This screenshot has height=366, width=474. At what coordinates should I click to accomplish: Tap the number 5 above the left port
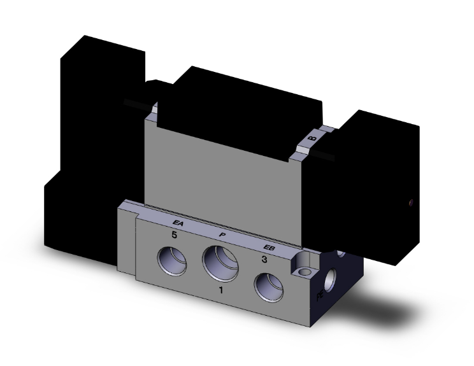173,235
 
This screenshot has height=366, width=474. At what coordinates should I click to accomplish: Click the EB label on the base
269,248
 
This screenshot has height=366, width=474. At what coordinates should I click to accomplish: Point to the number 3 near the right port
264,260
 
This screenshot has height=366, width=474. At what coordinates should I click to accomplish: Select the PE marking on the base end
320,296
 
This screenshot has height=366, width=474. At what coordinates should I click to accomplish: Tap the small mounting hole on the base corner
306,273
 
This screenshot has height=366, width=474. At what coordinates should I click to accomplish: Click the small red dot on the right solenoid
410,204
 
